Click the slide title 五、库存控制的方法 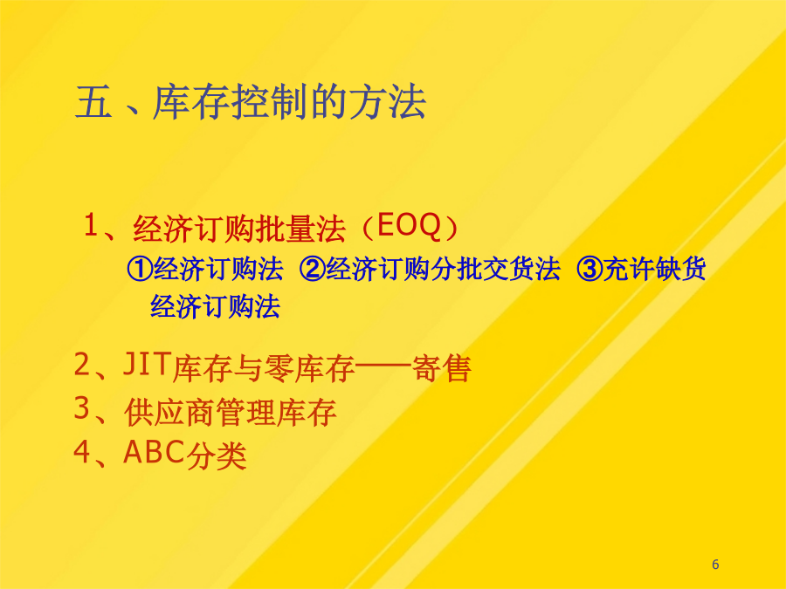click(251, 102)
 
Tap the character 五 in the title click(93, 102)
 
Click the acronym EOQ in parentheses click(409, 226)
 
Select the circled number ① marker click(140, 269)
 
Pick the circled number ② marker click(313, 269)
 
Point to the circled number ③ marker click(589, 269)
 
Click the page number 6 click(715, 565)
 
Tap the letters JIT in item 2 click(146, 364)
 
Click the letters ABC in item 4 click(154, 452)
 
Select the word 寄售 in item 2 click(441, 369)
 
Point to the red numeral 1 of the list click(91, 225)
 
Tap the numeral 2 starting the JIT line click(81, 364)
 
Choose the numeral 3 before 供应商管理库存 click(81, 408)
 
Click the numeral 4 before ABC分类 click(81, 452)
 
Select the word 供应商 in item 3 click(169, 413)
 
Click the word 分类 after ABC click(216, 456)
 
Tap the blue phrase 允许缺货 click(654, 269)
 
